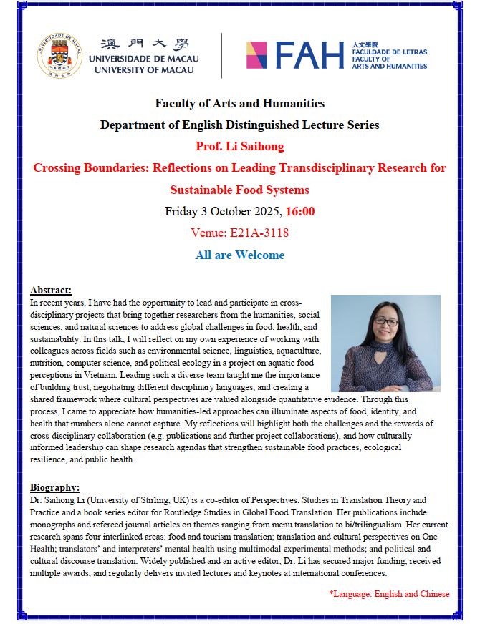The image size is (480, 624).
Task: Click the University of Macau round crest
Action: click(59, 55)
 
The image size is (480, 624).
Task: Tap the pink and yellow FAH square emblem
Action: click(257, 55)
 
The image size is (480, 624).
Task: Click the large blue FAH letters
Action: click(309, 55)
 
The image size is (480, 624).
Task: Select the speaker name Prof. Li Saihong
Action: click(239, 147)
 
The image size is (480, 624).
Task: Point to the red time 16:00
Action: click(299, 211)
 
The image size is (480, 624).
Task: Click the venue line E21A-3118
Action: click(239, 233)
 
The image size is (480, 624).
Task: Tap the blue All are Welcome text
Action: click(239, 255)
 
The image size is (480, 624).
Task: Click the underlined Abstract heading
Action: click(51, 290)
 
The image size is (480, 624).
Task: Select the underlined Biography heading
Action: click(55, 488)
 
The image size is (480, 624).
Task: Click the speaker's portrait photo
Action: click(385, 343)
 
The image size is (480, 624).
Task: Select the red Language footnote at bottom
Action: click(389, 593)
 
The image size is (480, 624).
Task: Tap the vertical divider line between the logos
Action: click(221, 55)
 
